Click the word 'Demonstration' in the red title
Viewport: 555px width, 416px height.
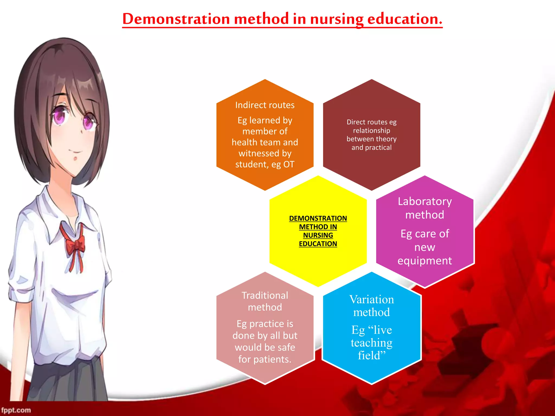coord(176,19)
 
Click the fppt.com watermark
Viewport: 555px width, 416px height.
coord(16,410)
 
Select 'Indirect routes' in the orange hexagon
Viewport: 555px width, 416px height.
coord(265,105)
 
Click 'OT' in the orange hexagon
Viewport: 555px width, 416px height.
coord(289,164)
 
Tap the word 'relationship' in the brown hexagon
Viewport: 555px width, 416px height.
coord(372,131)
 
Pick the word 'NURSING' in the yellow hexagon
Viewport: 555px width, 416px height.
coord(318,235)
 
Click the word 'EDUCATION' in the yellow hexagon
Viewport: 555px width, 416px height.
coord(318,244)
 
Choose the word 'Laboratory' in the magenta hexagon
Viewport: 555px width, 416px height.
coord(425,201)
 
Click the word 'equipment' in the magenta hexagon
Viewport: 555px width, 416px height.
coord(425,261)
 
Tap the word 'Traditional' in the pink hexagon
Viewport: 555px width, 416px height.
coord(265,295)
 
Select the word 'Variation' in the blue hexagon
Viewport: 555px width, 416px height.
coord(372,300)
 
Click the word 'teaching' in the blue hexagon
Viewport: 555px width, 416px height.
coord(372,343)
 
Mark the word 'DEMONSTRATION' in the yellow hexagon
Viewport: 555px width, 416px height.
coord(318,218)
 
